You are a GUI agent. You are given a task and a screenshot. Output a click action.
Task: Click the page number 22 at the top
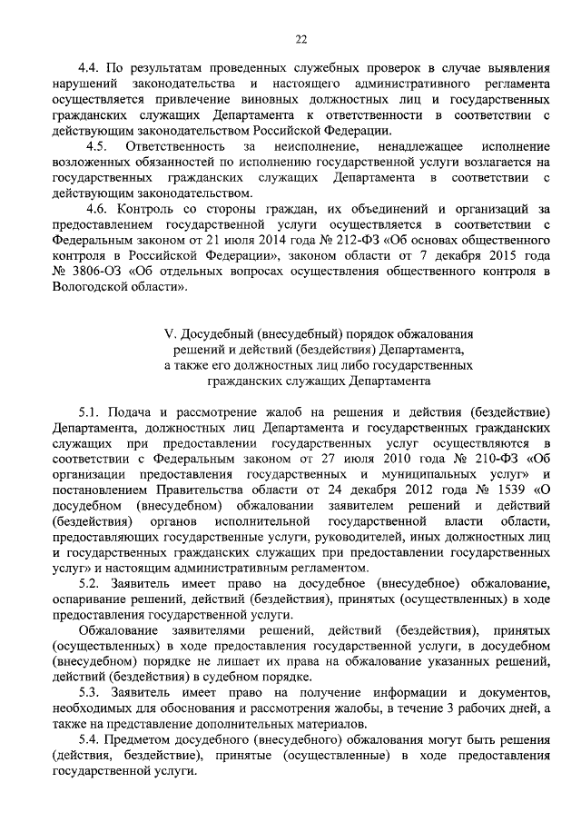[300, 37]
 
